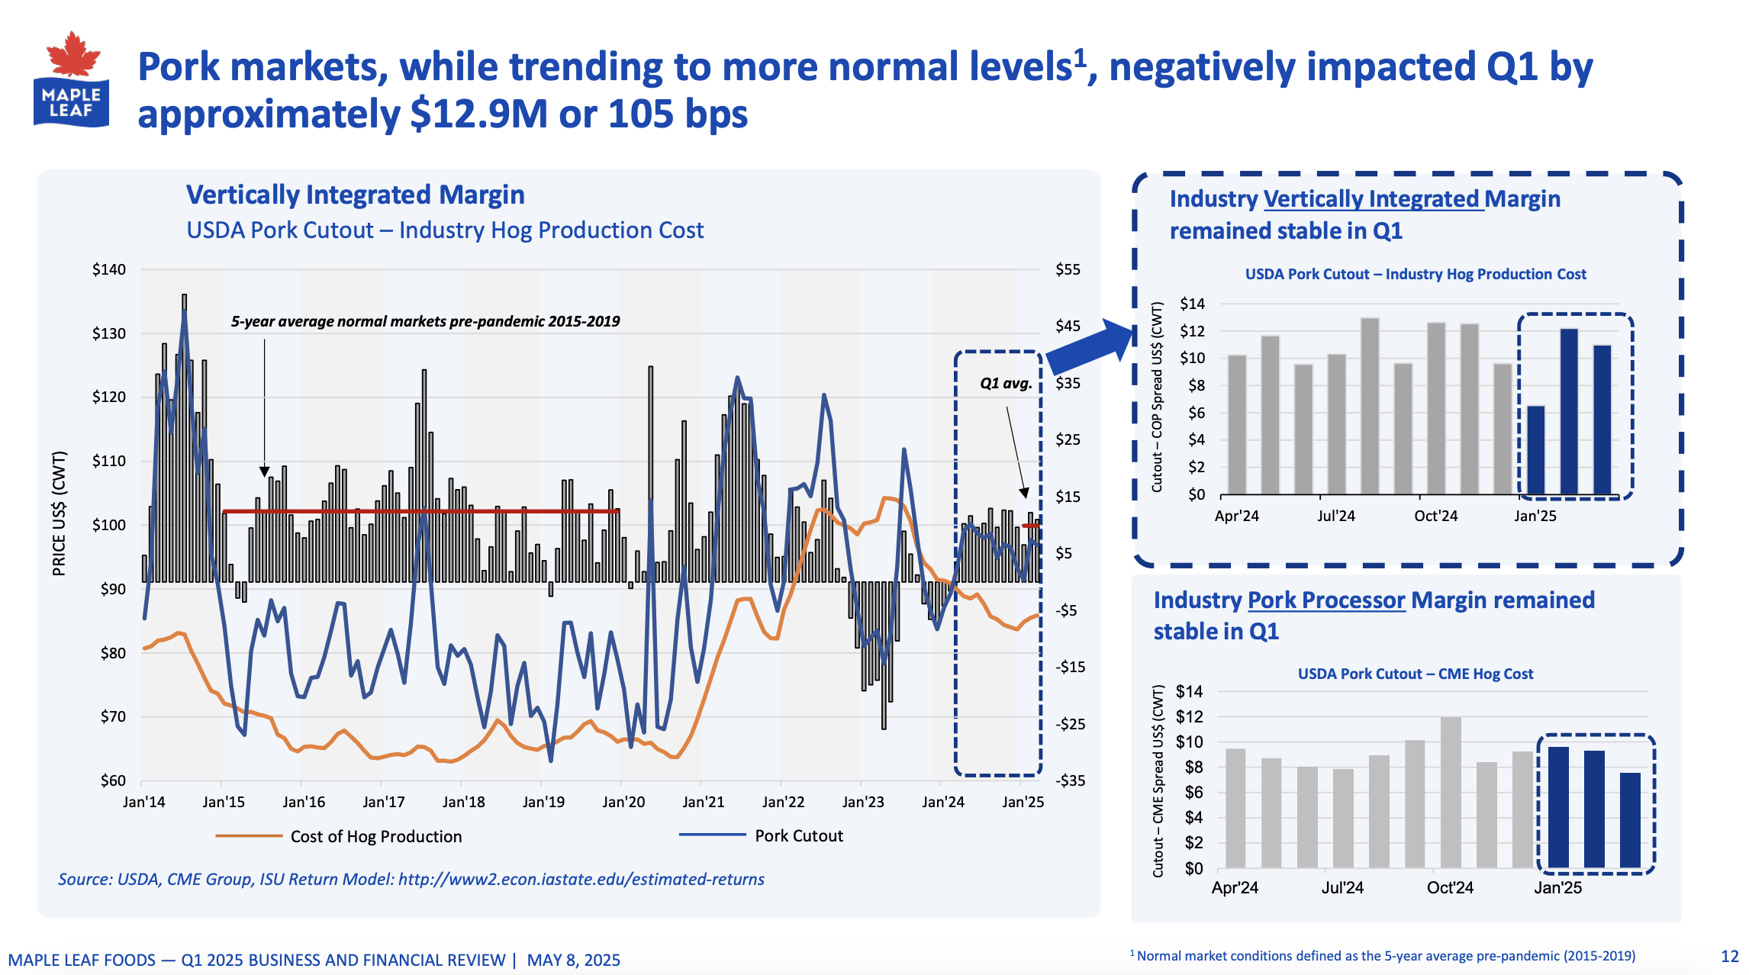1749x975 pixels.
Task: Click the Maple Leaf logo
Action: pos(71,80)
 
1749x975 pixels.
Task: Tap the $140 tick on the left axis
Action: pos(108,269)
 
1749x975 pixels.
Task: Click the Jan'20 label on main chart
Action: pos(623,802)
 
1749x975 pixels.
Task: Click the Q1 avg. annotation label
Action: pos(1005,384)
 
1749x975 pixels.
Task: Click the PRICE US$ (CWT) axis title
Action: pos(59,513)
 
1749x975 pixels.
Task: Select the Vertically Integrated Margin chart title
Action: pos(355,195)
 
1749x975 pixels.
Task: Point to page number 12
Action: pos(1729,956)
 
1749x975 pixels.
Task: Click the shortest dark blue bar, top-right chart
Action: pos(1535,450)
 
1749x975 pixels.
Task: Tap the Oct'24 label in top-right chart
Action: pos(1435,516)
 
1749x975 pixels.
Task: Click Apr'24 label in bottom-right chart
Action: pos(1234,887)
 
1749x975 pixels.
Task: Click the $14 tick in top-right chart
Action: pos(1192,304)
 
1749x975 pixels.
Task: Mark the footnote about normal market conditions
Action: pos(1382,956)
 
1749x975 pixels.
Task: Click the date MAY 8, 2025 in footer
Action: pos(573,960)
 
